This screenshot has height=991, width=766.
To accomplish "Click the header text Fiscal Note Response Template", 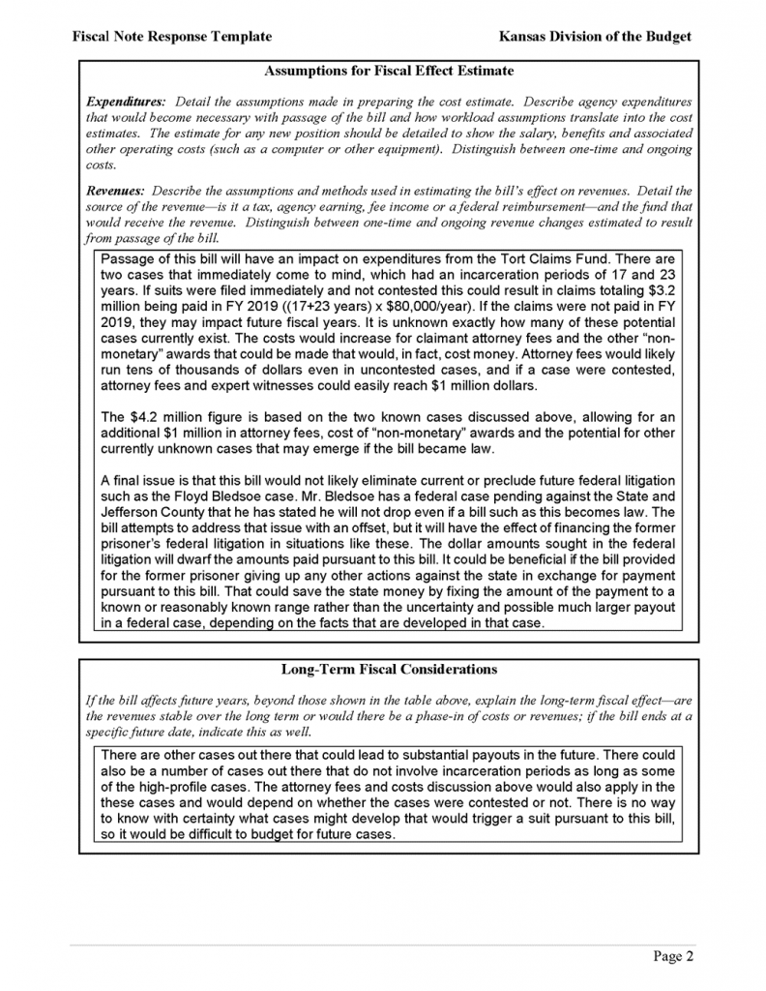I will [x=171, y=36].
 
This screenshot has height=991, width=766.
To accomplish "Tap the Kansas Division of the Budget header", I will [x=595, y=36].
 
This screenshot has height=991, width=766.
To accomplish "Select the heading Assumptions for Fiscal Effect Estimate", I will [x=388, y=71].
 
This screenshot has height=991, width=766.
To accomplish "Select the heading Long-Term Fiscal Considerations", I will [x=388, y=669].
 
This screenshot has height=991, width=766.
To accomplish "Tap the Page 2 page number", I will [x=673, y=957].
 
